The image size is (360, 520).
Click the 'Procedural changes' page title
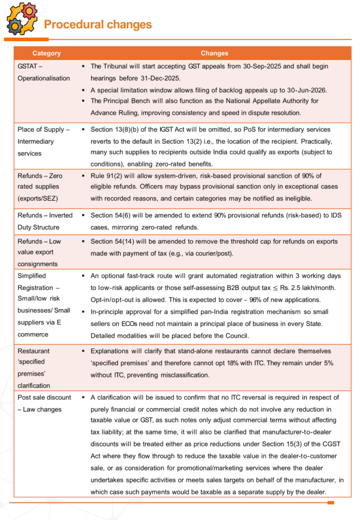pyautogui.click(x=97, y=24)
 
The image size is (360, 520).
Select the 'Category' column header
pyautogui.click(x=46, y=53)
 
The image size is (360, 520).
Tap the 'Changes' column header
pyautogui.click(x=214, y=53)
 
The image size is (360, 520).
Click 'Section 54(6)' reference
pyautogui.click(x=113, y=216)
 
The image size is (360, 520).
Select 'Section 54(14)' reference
pyautogui.click(x=115, y=241)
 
